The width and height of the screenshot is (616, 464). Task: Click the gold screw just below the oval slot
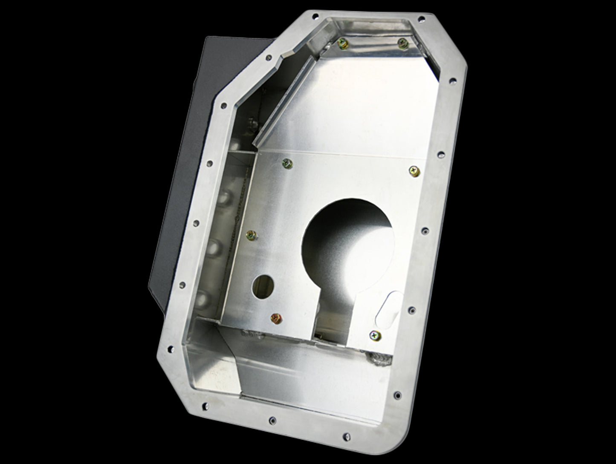click(x=376, y=336)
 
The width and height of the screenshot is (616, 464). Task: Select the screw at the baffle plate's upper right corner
click(x=414, y=171)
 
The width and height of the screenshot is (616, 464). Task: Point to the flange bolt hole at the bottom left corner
click(x=172, y=349)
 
